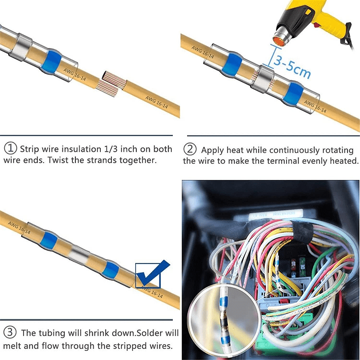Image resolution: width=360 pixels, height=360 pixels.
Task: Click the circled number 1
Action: (x=11, y=148)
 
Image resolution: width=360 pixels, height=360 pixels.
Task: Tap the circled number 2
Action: (x=190, y=149)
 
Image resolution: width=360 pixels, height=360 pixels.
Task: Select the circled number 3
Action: (x=10, y=332)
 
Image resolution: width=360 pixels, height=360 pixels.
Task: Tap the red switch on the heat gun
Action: (x=318, y=25)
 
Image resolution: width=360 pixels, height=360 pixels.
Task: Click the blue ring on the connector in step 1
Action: (x=50, y=61)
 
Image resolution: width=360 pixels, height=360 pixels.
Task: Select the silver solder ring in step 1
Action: (x=21, y=48)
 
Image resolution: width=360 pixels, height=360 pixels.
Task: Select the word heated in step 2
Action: (x=344, y=161)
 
